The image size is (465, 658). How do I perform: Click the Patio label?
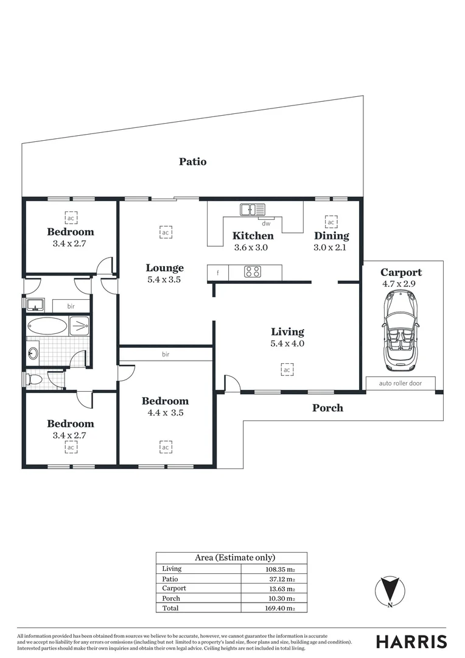coord(192,161)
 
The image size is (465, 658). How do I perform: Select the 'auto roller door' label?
coord(401,383)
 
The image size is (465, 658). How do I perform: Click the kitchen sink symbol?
coord(253,210)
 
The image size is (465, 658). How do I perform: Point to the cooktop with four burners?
coord(253,272)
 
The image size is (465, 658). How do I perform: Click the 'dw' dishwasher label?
coord(266,224)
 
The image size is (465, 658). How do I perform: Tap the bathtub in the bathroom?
coord(47,326)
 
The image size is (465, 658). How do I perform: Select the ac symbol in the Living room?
coord(287,369)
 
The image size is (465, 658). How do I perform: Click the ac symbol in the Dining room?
coord(331,222)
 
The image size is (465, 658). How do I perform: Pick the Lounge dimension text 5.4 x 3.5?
coord(164,280)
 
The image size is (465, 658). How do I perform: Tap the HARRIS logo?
coord(411,642)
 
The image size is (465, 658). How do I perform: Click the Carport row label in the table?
coord(174,589)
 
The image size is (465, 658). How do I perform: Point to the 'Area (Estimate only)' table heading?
coord(234,557)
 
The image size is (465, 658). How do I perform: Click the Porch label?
coord(327,408)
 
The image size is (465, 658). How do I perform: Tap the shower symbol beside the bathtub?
coord(79,326)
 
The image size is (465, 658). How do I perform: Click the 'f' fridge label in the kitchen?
coord(217,272)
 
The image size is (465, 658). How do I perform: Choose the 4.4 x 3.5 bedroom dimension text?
coord(165,412)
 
